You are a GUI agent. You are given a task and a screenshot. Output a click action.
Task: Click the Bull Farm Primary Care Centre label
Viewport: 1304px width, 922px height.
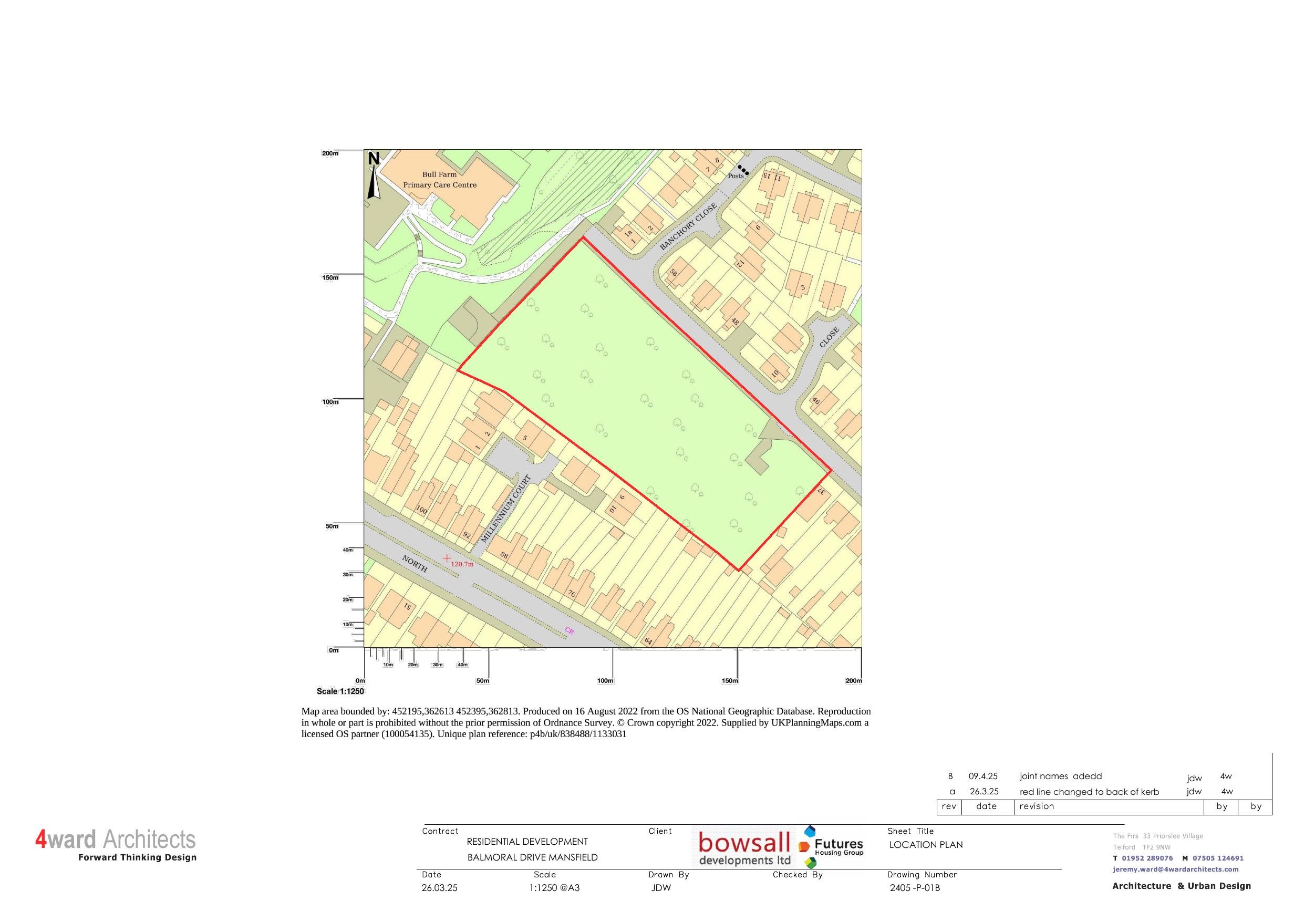(440, 180)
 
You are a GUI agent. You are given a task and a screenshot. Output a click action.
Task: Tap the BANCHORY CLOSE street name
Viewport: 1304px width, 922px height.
(688, 226)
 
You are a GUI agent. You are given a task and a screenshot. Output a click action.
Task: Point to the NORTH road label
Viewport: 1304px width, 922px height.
(415, 564)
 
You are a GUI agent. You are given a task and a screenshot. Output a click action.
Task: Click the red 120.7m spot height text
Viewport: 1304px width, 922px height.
(462, 565)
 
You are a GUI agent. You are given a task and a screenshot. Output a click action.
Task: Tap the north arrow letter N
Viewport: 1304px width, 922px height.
(373, 159)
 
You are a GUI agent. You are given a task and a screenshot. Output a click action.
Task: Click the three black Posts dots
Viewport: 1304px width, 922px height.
(743, 170)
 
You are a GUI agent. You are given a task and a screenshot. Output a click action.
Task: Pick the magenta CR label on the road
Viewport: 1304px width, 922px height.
(569, 630)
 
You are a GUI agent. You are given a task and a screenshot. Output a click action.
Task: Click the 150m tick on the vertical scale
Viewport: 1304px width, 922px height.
(330, 278)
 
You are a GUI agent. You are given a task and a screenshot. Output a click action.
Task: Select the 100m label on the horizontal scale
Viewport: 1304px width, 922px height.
(605, 680)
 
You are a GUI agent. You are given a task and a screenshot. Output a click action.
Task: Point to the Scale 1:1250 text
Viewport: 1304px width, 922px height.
(340, 691)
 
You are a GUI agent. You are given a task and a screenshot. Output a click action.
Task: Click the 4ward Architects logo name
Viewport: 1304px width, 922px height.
(115, 840)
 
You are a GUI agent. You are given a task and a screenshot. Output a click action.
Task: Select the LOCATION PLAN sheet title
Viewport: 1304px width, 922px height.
(926, 845)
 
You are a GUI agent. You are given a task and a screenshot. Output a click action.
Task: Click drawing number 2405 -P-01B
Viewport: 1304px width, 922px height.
(914, 888)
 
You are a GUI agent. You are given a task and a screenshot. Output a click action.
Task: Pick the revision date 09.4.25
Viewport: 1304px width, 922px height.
(983, 776)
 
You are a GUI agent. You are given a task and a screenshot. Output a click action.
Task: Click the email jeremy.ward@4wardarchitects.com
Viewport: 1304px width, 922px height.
(1176, 869)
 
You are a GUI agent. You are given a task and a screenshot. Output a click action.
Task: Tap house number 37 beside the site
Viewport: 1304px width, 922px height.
(821, 490)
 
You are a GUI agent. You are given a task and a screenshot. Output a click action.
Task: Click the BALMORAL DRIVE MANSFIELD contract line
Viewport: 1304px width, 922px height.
(532, 857)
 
